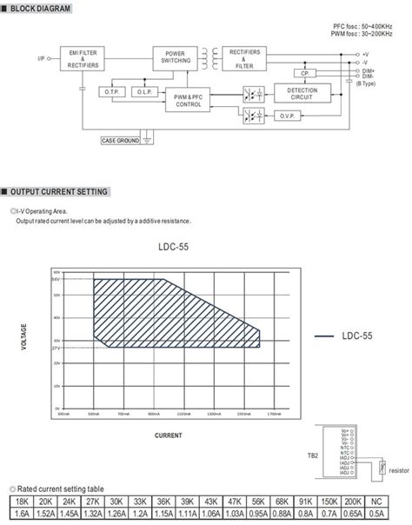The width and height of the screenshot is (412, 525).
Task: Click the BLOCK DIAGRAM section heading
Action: pos(38,8)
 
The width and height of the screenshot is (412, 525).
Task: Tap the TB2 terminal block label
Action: pos(311,455)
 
